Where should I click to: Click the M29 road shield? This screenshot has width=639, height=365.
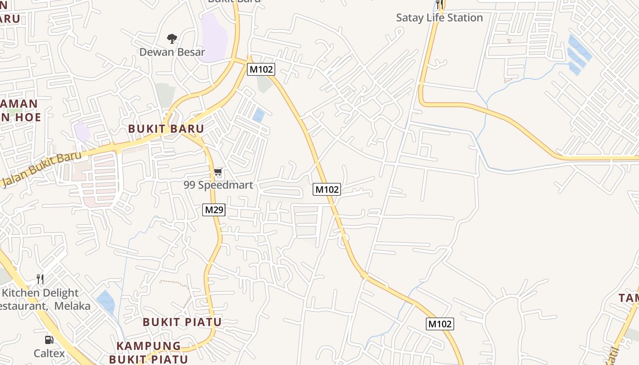(x=214, y=210)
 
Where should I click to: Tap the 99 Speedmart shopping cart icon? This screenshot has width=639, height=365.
(x=218, y=173)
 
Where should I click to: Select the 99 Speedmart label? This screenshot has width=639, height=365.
(x=218, y=185)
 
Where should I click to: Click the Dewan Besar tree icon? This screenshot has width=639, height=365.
(x=172, y=39)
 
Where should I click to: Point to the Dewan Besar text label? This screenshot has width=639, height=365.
(x=172, y=52)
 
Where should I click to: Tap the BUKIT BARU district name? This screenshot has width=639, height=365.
(x=166, y=129)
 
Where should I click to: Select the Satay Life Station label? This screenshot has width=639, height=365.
(x=439, y=18)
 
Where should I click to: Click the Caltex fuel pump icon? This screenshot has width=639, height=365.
(x=49, y=340)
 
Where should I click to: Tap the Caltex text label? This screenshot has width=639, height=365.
(x=49, y=353)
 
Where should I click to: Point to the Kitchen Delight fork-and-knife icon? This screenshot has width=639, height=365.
(x=41, y=279)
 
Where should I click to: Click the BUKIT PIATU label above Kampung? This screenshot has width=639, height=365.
(x=182, y=322)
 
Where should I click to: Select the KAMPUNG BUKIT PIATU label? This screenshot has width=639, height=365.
(x=148, y=352)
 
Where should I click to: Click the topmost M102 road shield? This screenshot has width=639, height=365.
(x=261, y=69)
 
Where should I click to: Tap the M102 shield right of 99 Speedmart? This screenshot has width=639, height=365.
(x=327, y=189)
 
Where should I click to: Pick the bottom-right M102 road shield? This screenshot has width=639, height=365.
(x=440, y=324)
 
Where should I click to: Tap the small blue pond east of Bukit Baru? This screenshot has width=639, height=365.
(x=258, y=115)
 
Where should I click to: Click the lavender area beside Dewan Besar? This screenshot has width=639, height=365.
(x=214, y=36)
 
